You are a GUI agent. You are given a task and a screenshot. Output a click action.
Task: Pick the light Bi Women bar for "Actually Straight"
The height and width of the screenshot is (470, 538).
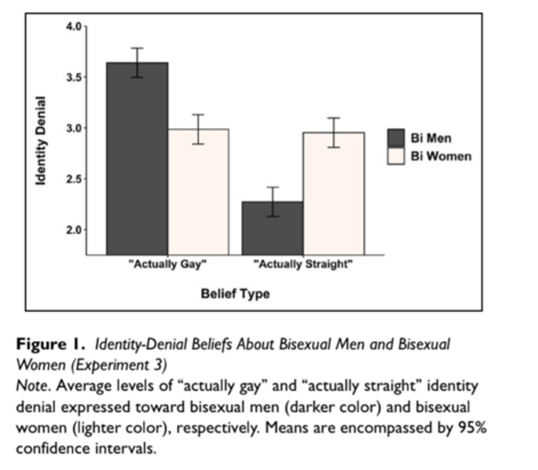[334, 193]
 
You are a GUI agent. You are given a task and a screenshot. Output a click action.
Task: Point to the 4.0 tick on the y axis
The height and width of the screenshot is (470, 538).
[74, 26]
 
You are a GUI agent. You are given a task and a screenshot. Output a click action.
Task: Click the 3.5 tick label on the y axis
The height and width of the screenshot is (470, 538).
[74, 77]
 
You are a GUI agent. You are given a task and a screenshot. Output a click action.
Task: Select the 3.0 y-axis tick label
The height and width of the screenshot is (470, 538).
[74, 128]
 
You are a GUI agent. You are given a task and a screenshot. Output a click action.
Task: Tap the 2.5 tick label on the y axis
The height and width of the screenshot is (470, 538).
[74, 179]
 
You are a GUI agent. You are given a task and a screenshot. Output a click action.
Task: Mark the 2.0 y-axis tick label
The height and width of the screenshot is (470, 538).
[74, 230]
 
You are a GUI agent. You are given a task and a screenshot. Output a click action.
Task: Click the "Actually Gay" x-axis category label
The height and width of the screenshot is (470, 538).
[168, 264]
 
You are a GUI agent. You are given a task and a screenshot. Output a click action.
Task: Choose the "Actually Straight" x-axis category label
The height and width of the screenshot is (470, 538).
[303, 264]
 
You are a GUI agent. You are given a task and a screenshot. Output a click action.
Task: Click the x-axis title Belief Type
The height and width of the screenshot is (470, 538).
[235, 294]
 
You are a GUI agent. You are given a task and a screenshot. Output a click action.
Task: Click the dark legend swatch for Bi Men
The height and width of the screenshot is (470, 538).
[396, 137]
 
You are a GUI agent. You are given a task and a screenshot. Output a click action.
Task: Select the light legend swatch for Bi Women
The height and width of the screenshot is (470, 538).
[396, 156]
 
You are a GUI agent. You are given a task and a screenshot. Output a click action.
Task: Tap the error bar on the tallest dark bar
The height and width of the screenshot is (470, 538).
[137, 62]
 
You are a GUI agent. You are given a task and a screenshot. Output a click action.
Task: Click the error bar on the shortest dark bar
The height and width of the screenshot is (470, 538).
[273, 202]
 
